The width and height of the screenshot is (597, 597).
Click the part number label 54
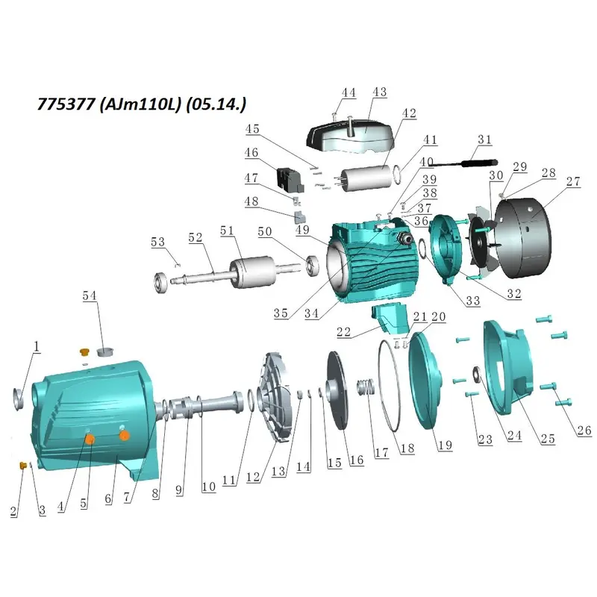coord(90,296)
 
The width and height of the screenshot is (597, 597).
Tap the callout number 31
coord(484,140)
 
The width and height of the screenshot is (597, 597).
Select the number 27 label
coord(573,181)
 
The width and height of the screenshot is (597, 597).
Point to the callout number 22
coord(343,331)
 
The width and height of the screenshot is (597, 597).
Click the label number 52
coord(196,237)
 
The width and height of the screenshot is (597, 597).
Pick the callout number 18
coord(407,448)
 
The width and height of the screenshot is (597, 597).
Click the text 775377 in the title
coord(65,104)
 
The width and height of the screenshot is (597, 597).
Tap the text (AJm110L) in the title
coord(140,104)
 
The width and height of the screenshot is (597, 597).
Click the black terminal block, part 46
coord(290,180)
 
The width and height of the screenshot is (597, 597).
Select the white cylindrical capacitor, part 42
coord(366,178)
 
